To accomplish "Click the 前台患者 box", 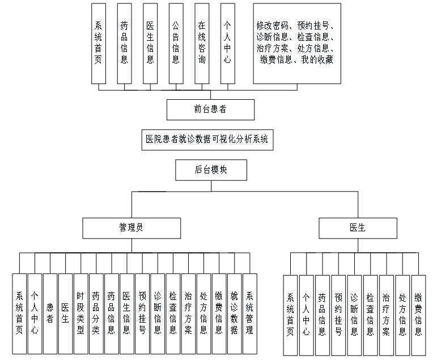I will (x=206, y=109).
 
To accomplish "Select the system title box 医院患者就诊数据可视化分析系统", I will (x=206, y=139).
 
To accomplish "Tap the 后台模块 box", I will (x=211, y=170).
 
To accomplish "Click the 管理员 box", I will (x=130, y=228).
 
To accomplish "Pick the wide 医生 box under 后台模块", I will (x=358, y=228).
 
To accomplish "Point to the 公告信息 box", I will (x=176, y=43).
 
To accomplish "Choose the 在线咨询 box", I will (x=202, y=43).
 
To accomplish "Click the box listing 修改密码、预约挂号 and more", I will (x=297, y=43).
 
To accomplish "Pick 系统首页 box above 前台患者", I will (x=98, y=43).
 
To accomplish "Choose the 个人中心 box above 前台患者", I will (x=227, y=43).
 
